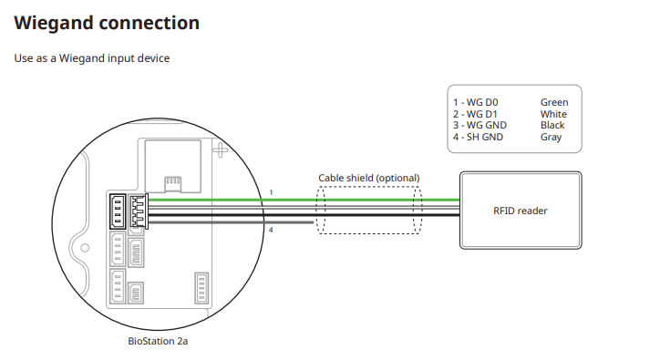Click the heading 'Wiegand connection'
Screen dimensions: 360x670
[x=107, y=22]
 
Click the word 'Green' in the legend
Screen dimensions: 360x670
[x=553, y=103]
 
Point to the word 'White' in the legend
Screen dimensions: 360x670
[x=553, y=115]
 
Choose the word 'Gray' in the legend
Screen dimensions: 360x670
[x=551, y=138]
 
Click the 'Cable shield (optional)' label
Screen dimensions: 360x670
[x=368, y=178]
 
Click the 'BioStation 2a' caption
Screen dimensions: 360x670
[x=158, y=341]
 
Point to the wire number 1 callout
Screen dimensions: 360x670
[x=271, y=192]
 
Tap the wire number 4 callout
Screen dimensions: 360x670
[x=271, y=230]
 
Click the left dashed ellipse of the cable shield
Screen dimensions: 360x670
[x=324, y=211]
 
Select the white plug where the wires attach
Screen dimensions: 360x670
[x=137, y=211]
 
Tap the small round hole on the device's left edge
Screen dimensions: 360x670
[x=85, y=247]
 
